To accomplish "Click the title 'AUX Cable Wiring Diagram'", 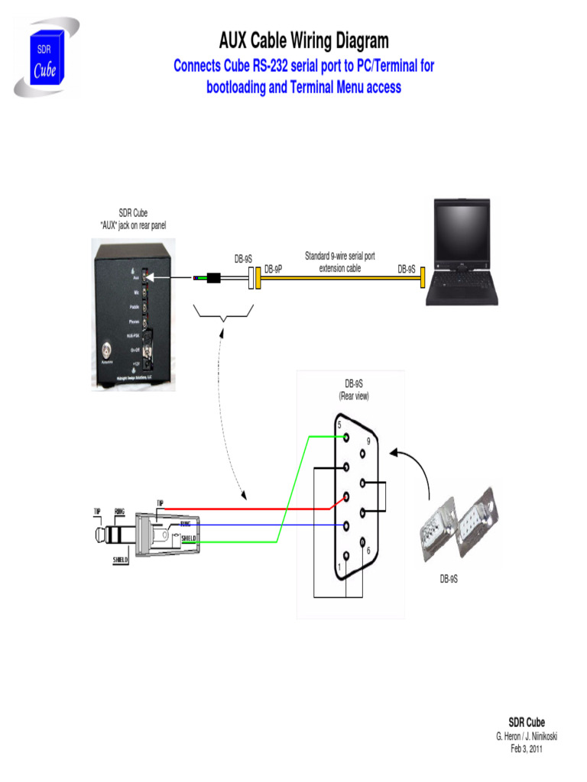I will (303, 40).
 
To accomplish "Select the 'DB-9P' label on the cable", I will (274, 270).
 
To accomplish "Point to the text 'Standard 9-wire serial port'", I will (340, 256).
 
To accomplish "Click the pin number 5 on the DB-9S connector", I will (339, 425).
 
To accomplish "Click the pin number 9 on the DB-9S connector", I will (368, 441).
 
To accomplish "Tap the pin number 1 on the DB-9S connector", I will (340, 567).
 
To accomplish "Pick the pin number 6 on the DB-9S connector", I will (368, 550).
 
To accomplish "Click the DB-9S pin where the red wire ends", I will (347, 497).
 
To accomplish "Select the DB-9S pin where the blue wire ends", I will (347, 525).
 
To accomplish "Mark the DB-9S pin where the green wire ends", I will (347, 438).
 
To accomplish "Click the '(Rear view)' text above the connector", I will (354, 396).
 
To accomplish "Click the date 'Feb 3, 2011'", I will (527, 748).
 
